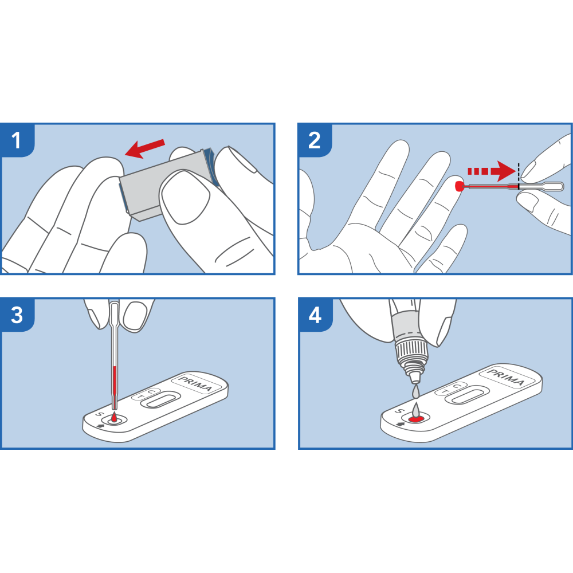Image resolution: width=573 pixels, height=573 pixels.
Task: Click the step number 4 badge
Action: point(314,315)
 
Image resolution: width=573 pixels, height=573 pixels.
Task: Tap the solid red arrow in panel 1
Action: point(145,148)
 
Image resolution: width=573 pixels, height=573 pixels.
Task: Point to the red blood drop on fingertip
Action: point(459,186)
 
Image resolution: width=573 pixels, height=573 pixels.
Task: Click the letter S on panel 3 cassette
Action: point(98,415)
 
